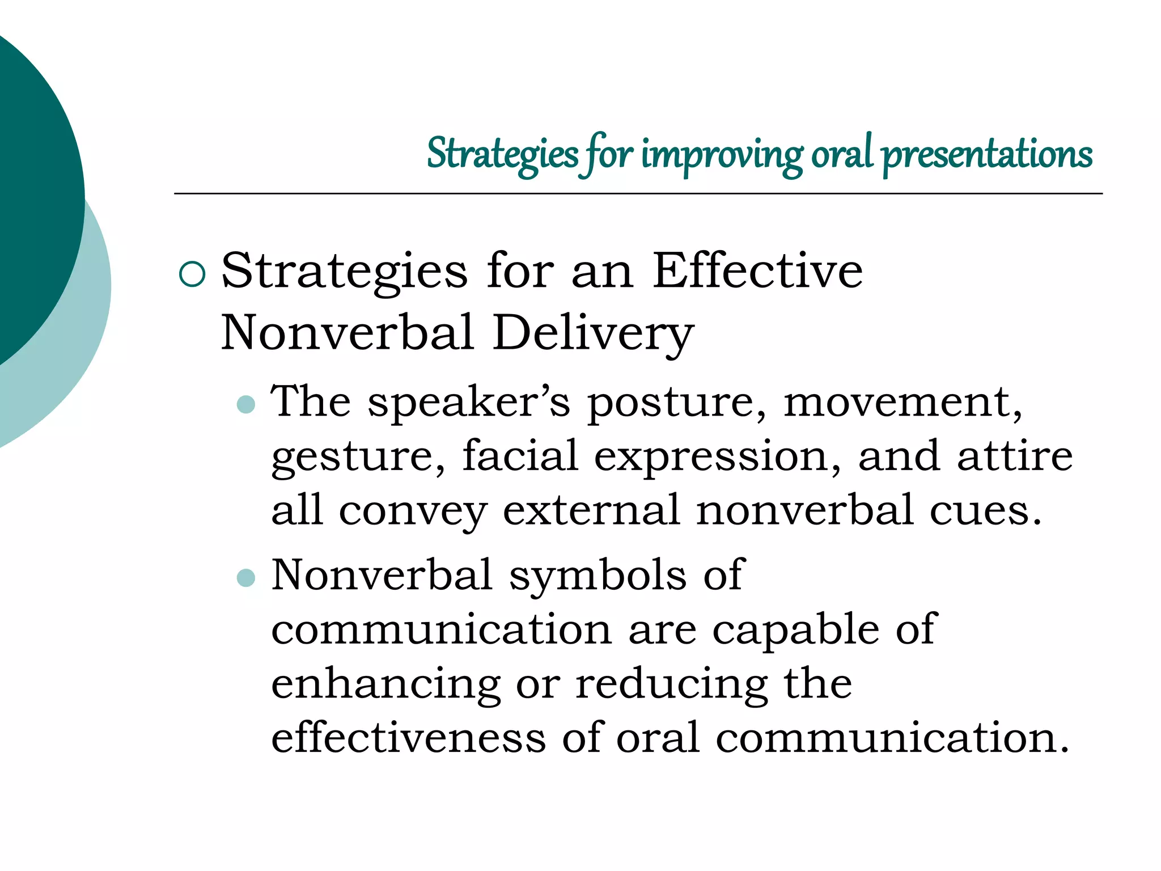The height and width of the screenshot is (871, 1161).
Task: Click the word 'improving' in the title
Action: (721, 154)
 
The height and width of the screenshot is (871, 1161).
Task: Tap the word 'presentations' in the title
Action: (986, 154)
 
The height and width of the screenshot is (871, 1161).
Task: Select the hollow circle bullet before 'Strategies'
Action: (192, 274)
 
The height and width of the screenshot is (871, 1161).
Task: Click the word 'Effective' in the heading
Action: (757, 271)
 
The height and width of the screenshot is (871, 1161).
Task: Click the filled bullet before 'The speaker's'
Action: (246, 404)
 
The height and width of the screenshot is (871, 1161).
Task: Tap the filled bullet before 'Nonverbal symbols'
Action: (246, 578)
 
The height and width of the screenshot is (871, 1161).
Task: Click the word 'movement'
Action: (902, 403)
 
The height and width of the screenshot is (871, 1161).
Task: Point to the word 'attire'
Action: (1015, 456)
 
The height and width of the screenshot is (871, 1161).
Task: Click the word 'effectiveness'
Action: (408, 738)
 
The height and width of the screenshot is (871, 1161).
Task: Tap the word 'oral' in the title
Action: (841, 154)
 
